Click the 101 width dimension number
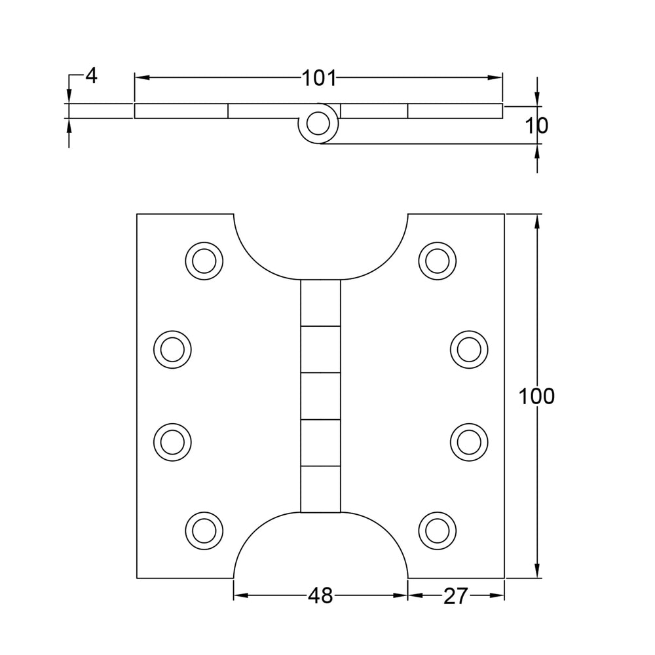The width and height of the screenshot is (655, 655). pos(319,78)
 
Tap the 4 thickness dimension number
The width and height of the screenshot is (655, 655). pos(91,76)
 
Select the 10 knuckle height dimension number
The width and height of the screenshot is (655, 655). pos(536,125)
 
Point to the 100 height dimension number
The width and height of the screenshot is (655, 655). pos(536,396)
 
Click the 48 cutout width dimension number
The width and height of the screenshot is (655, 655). pos(320,595)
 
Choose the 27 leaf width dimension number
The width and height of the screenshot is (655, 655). pos(455,596)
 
